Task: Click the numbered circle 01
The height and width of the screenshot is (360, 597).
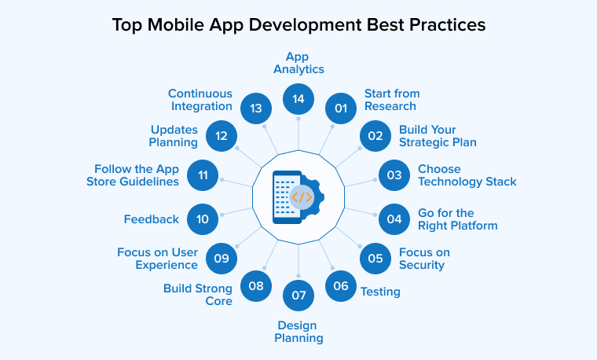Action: pos(340,108)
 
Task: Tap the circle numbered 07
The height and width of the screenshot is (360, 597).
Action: pos(298,296)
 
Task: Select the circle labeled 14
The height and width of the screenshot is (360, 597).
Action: pos(298,99)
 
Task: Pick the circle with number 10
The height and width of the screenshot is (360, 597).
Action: pos(203,219)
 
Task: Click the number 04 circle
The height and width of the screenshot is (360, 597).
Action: pos(394,219)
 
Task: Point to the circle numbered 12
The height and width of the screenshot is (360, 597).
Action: pos(222,136)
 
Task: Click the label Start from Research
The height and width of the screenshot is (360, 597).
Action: pos(390,100)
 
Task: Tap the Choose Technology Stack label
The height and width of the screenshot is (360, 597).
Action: pos(467,175)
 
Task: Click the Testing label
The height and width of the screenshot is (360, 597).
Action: pos(380,292)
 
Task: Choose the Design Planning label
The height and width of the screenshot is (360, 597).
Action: pos(298,332)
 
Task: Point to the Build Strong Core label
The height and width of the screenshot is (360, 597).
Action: pos(198,294)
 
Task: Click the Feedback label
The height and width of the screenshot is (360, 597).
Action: pos(152,219)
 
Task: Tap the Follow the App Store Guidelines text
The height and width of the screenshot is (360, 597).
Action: pos(137,175)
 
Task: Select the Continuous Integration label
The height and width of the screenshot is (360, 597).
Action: pos(200,100)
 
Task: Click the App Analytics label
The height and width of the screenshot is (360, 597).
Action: pos(298,63)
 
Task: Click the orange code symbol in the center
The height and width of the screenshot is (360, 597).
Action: pos(301,197)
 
